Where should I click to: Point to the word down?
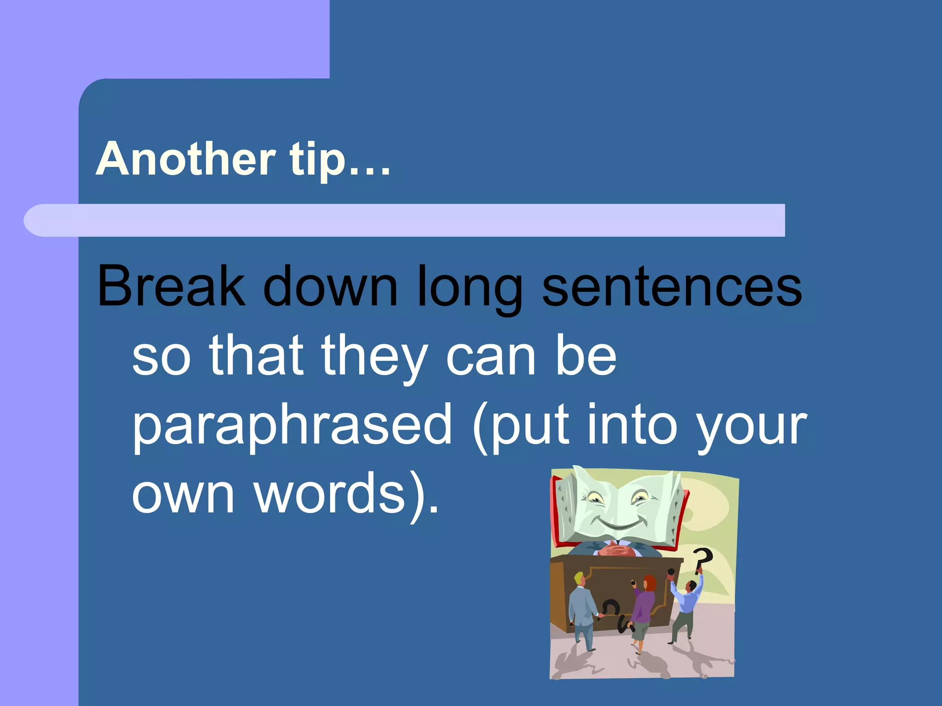point(330,286)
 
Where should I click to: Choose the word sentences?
point(672,286)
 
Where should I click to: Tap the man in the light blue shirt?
point(685,602)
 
